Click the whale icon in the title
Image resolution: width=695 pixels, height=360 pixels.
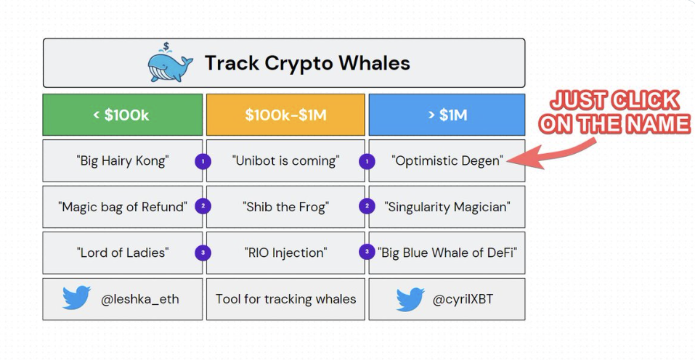[x=170, y=62]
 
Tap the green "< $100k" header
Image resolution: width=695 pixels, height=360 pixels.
[x=122, y=115]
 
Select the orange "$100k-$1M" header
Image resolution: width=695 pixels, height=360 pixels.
[x=285, y=115]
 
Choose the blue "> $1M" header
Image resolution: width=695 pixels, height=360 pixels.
[x=447, y=115]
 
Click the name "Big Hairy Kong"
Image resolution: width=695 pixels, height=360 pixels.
[x=122, y=160]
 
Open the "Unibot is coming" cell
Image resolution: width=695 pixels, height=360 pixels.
[x=285, y=160]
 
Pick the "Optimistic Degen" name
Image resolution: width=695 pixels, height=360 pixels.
[x=447, y=160]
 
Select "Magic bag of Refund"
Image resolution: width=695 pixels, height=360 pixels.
[x=122, y=207]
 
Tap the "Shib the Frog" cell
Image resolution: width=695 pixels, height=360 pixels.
[x=285, y=207]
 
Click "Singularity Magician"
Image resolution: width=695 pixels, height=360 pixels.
[x=447, y=207]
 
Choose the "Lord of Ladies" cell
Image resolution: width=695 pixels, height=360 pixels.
[x=122, y=253]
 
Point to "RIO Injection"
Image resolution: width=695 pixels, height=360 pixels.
[x=285, y=253]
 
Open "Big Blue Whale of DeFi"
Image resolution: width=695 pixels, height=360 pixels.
[x=447, y=253]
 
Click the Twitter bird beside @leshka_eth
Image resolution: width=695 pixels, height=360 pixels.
[x=76, y=298]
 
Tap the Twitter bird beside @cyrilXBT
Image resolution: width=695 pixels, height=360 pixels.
[x=410, y=299]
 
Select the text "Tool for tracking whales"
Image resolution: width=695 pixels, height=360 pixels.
[x=285, y=299]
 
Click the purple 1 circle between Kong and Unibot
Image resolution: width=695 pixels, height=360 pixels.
[x=203, y=161]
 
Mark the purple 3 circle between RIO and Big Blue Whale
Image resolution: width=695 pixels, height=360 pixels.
[x=367, y=252]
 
